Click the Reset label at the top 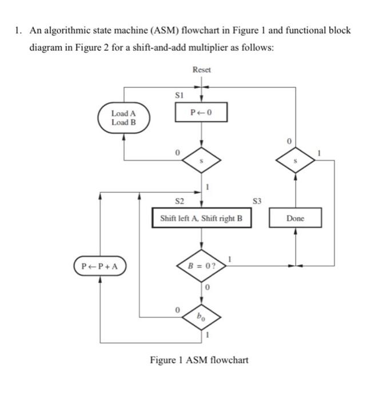(201, 69)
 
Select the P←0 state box (201, 112)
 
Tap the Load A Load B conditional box (124, 118)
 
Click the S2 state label (179, 201)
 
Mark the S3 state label (257, 201)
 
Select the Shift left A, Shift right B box (201, 218)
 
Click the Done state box (295, 218)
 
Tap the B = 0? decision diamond (201, 265)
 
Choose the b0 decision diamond (201, 315)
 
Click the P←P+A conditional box (101, 266)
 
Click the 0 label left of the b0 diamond (177, 309)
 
